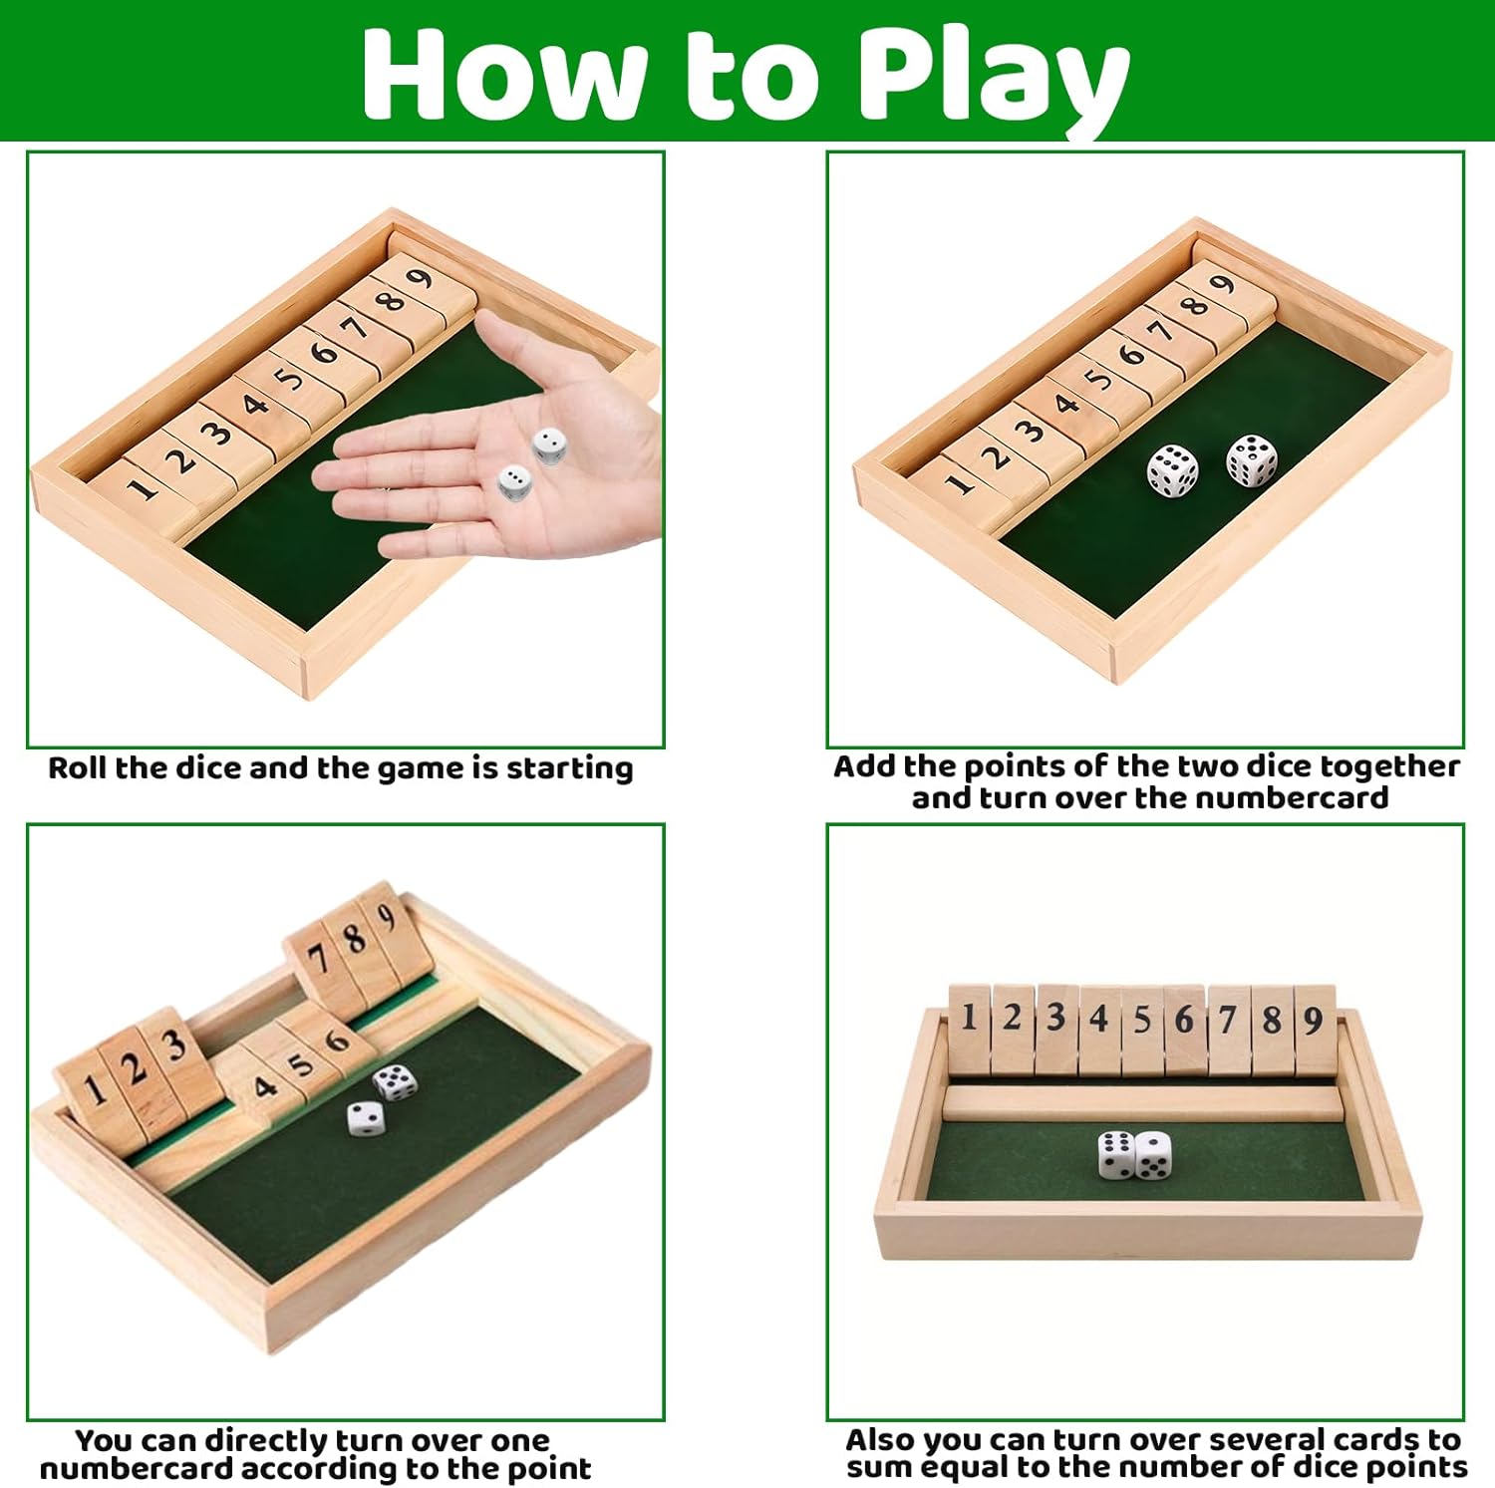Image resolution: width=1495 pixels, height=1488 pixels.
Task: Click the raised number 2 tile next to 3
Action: pyautogui.click(x=136, y=1071)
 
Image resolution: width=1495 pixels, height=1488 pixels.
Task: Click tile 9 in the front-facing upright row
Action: pyautogui.click(x=1315, y=1027)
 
